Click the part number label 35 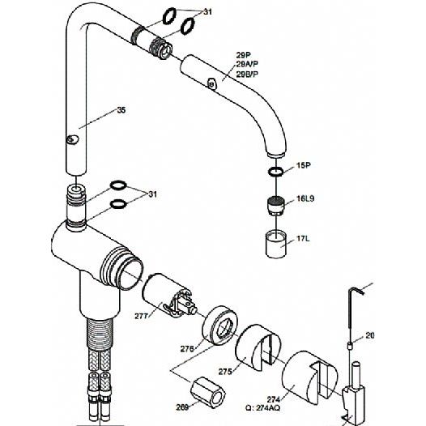coord(121,110)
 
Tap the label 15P coord(303,165)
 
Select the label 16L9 coord(305,198)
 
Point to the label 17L coord(303,239)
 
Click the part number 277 coord(142,316)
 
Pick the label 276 coord(187,349)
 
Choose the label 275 coord(225,372)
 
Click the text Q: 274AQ coord(262,408)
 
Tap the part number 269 coord(182,407)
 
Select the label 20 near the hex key coord(370,335)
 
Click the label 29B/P coord(247,75)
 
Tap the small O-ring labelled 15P coord(275,172)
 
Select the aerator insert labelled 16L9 coord(275,206)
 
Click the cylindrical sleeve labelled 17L coord(275,244)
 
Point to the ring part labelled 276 coord(220,326)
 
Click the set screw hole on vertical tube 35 coord(72,139)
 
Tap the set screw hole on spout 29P coord(212,84)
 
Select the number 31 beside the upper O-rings coord(208,12)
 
